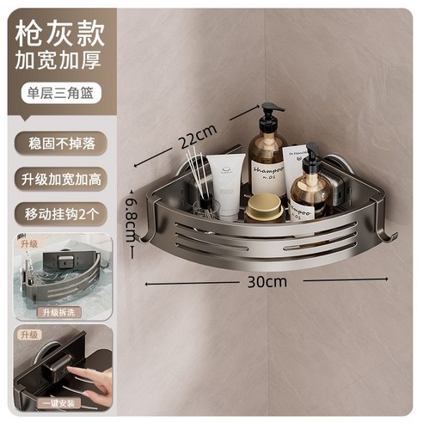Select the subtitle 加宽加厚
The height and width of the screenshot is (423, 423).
[56, 62]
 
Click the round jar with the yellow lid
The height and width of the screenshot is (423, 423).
[262, 207]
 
